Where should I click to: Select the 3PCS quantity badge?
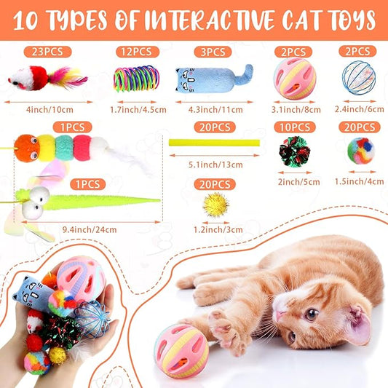(213, 52)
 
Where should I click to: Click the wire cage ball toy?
(357, 76)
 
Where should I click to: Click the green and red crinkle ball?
(294, 151)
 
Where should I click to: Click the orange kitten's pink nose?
(280, 317)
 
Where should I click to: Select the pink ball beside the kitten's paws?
(181, 351)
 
